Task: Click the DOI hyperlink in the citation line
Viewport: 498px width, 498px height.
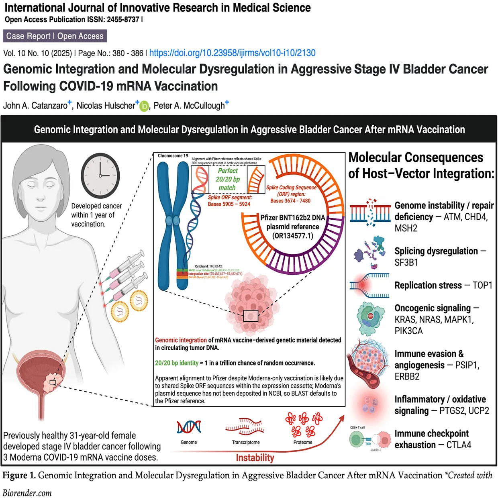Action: click(x=232, y=53)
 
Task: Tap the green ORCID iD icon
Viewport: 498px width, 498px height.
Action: click(x=144, y=106)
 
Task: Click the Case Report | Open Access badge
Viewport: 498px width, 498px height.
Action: click(x=55, y=36)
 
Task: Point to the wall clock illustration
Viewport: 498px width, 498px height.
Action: click(x=100, y=175)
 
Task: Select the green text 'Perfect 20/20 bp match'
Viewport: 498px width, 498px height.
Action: click(x=228, y=179)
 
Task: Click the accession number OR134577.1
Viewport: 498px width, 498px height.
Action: click(x=293, y=236)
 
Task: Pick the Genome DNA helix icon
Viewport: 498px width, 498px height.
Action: click(x=189, y=427)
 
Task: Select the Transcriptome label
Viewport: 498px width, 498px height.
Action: click(x=246, y=443)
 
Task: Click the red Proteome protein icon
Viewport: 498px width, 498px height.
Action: click(x=304, y=425)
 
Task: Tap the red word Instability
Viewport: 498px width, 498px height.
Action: click(x=255, y=458)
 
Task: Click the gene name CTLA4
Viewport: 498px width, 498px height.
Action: click(x=459, y=445)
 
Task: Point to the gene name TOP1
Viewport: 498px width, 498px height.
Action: click(x=482, y=286)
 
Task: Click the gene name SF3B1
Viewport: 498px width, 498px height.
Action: click(x=406, y=263)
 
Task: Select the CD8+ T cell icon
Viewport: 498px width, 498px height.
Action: click(x=356, y=440)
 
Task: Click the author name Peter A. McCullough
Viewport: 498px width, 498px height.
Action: click(x=189, y=106)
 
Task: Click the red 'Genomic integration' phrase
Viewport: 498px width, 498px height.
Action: click(x=181, y=340)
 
